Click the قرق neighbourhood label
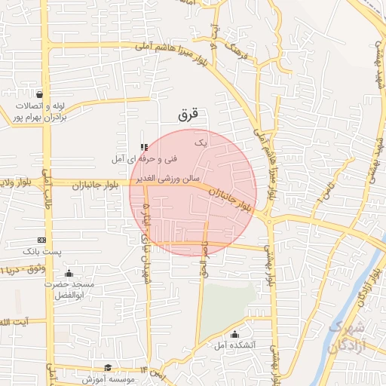point(188,115)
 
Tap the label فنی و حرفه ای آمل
point(144,159)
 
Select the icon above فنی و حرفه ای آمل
point(144,147)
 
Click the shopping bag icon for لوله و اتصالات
point(40,96)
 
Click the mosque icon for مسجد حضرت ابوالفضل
point(69,273)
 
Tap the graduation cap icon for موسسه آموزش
point(108,367)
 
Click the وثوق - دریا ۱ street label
point(23,269)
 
